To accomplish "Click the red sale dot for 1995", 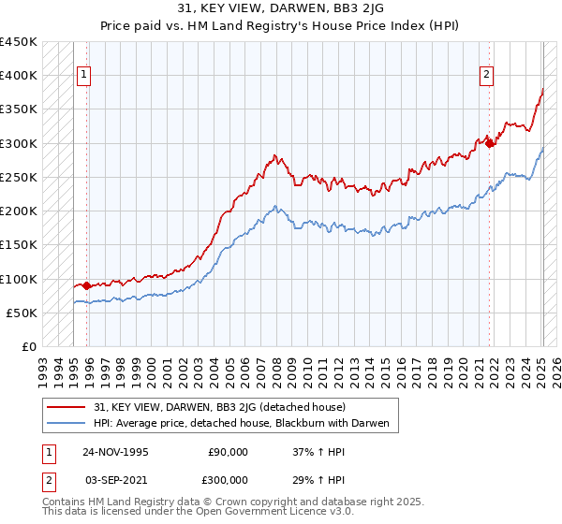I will coord(87,285).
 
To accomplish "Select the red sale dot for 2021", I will coord(490,143).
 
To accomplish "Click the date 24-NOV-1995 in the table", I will coord(115,451).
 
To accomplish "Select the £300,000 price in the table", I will coord(228,478).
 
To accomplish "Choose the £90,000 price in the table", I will coord(228,451).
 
